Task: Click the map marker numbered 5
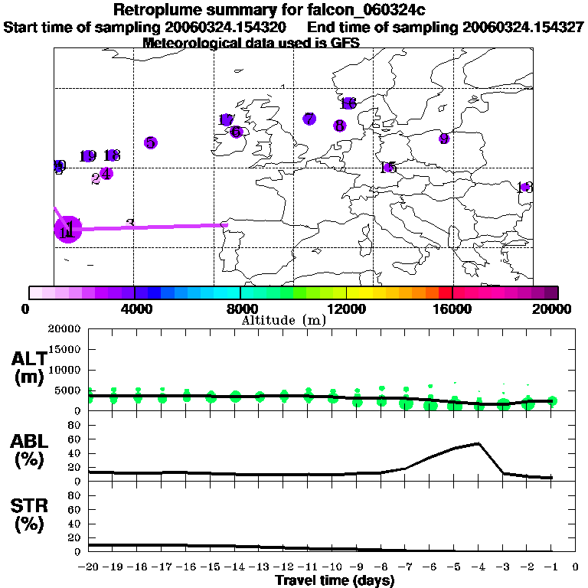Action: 150,142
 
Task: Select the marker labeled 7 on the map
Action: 309,119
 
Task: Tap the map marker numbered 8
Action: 339,126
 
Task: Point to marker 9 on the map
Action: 444,139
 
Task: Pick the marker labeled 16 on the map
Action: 348,103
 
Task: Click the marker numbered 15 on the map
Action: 388,168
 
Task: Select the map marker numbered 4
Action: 106,173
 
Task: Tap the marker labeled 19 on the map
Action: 88,156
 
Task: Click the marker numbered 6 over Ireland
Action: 236,132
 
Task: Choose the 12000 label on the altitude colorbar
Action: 347,309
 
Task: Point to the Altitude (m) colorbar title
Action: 283,320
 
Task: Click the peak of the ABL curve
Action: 479,443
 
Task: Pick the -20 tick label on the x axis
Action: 90,567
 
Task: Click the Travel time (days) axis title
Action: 335,581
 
